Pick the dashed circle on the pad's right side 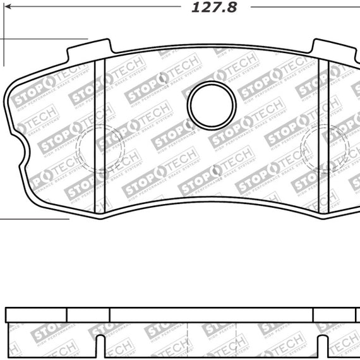[322, 148]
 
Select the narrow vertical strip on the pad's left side [99, 136]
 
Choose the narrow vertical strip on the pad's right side [323, 136]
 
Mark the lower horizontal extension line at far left [34, 220]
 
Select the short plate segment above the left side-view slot [88, 315]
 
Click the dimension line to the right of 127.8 [303, 8]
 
